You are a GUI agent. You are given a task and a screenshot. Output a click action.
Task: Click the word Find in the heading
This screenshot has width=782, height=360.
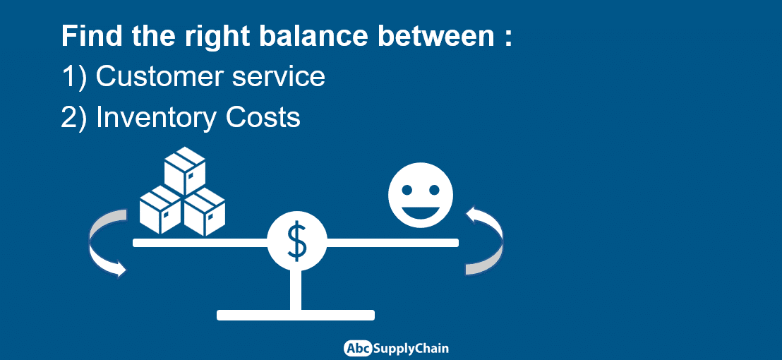(x=92, y=37)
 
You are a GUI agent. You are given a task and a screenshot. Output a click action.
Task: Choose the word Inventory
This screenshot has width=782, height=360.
(x=155, y=118)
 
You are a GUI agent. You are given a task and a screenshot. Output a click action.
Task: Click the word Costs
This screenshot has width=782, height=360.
(x=263, y=118)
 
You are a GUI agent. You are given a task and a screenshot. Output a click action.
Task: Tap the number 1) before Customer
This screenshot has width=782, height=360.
(x=74, y=77)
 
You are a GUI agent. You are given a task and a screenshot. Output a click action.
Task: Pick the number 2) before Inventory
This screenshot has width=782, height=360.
(x=74, y=118)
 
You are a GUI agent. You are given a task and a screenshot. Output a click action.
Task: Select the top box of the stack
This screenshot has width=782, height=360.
(x=184, y=170)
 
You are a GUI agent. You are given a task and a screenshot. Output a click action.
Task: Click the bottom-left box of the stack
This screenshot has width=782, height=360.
(x=160, y=210)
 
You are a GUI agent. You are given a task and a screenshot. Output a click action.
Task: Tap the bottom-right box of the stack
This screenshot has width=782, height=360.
(x=205, y=212)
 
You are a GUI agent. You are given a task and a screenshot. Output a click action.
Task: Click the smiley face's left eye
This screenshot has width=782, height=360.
(x=407, y=190)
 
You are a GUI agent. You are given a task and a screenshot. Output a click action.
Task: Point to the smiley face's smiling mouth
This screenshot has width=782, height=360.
(x=421, y=213)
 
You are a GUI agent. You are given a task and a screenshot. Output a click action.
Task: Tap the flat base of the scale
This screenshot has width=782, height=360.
(x=296, y=315)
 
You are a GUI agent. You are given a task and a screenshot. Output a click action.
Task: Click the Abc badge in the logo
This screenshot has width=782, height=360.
(x=358, y=348)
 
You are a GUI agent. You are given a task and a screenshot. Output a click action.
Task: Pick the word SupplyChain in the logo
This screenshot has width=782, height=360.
(x=411, y=349)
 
